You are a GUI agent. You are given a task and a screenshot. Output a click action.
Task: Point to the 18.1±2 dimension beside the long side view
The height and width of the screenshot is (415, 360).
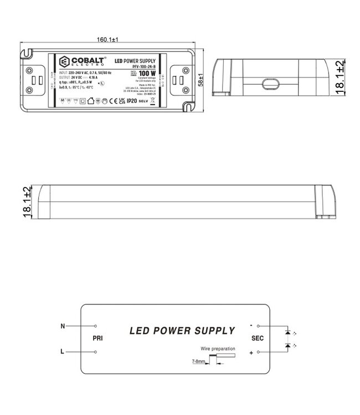click(x=27, y=203)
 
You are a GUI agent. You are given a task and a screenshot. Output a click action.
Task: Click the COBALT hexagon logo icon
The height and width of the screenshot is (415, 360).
click(x=63, y=61)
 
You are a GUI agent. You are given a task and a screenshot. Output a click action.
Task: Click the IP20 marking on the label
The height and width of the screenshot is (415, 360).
click(x=131, y=101)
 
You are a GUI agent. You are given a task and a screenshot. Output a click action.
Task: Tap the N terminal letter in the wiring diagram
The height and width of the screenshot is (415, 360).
click(x=63, y=326)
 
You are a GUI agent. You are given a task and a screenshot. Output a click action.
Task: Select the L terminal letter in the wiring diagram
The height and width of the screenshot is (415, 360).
click(x=63, y=351)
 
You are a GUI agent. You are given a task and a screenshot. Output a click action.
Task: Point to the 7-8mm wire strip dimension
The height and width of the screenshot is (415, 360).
click(x=197, y=362)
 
